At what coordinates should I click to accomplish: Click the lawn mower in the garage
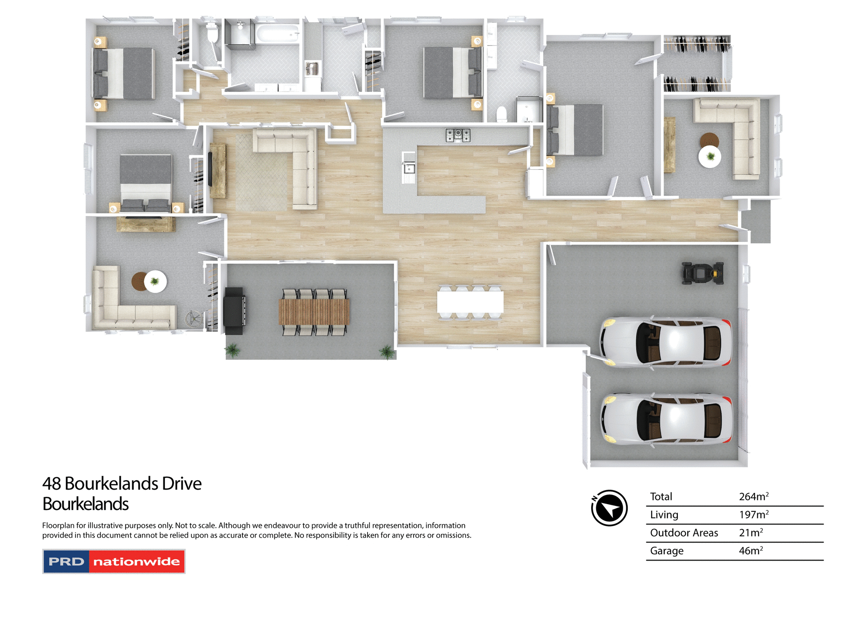pyautogui.click(x=702, y=273)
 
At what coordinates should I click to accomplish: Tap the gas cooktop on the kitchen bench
pyautogui.click(x=458, y=135)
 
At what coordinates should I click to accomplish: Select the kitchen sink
pyautogui.click(x=409, y=169)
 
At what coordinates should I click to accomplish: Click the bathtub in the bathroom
pyautogui.click(x=277, y=34)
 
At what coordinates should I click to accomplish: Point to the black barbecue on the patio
pyautogui.click(x=234, y=311)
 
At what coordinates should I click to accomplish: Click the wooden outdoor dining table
pyautogui.click(x=314, y=312)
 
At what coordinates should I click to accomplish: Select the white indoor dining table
pyautogui.click(x=470, y=302)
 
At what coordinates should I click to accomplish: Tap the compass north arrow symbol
pyautogui.click(x=609, y=508)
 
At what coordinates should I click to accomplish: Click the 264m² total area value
pyautogui.click(x=753, y=497)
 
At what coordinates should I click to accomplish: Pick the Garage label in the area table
pyautogui.click(x=667, y=551)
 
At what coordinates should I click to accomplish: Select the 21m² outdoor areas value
pyautogui.click(x=750, y=533)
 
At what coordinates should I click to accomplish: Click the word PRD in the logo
pyautogui.click(x=66, y=562)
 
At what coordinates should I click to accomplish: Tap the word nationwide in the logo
pyautogui.click(x=136, y=562)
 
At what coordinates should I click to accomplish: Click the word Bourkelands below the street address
pyautogui.click(x=85, y=504)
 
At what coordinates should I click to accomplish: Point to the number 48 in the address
pyautogui.click(x=51, y=484)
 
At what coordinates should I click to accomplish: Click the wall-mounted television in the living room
pyautogui.click(x=210, y=169)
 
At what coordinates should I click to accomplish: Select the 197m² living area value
pyautogui.click(x=753, y=515)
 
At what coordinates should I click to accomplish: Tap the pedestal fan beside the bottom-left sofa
pyautogui.click(x=194, y=319)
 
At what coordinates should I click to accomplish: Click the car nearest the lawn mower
pyautogui.click(x=666, y=341)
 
